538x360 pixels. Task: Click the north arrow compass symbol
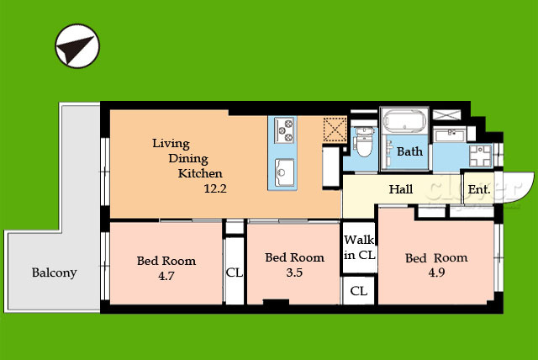click(77, 45)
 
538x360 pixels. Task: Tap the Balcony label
click(54, 273)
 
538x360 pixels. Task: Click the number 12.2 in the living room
click(215, 188)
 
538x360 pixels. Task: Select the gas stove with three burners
click(284, 130)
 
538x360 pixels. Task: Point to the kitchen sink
click(284, 172)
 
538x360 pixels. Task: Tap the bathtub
click(405, 120)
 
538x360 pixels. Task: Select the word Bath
click(409, 151)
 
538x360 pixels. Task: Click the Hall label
click(401, 189)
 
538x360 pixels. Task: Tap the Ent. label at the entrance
click(479, 189)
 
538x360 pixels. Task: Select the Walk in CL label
click(359, 247)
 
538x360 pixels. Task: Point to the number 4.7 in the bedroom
click(166, 276)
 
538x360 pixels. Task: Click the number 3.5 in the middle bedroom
click(294, 273)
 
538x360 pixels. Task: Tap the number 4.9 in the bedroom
click(436, 273)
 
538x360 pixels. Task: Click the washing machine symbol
click(480, 156)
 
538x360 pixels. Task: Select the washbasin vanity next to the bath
click(450, 135)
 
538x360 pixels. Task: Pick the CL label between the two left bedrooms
click(235, 273)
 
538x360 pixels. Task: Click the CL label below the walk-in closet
click(359, 291)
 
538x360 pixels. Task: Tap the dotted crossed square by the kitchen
click(335, 129)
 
